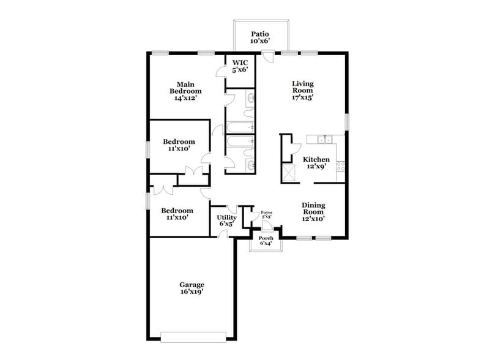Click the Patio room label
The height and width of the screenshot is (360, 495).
pyautogui.click(x=260, y=34)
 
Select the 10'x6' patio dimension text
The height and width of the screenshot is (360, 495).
pyautogui.click(x=260, y=41)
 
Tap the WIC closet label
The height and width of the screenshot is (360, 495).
pyautogui.click(x=239, y=63)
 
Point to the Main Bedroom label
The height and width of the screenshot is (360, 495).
pyautogui.click(x=185, y=88)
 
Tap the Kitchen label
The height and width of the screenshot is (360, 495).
pyautogui.click(x=316, y=159)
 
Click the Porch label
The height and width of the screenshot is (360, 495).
pyautogui.click(x=266, y=238)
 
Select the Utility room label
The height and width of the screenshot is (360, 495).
pyautogui.click(x=226, y=217)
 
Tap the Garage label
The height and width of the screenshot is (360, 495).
pyautogui.click(x=192, y=285)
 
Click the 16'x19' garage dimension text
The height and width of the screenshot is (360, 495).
pyautogui.click(x=192, y=292)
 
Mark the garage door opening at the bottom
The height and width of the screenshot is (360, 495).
pyautogui.click(x=193, y=336)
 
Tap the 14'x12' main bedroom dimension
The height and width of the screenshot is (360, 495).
pyautogui.click(x=185, y=97)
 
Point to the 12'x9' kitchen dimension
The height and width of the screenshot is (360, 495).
pyautogui.click(x=316, y=167)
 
